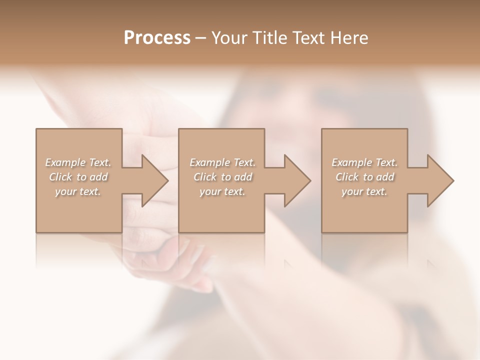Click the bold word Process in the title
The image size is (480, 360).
click(157, 38)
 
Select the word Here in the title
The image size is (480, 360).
click(349, 38)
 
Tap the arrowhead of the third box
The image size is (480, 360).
click(439, 180)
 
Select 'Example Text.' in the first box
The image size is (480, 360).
click(78, 162)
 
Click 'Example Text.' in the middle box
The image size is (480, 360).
click(222, 162)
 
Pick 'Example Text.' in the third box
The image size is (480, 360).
click(364, 162)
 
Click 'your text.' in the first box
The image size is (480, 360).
click(78, 191)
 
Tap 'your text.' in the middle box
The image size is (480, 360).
click(222, 191)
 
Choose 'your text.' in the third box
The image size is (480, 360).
click(364, 191)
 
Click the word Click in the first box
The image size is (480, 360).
click(60, 177)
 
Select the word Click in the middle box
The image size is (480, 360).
click(204, 177)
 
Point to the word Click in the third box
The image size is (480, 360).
click(347, 177)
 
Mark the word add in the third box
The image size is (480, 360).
click(385, 177)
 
